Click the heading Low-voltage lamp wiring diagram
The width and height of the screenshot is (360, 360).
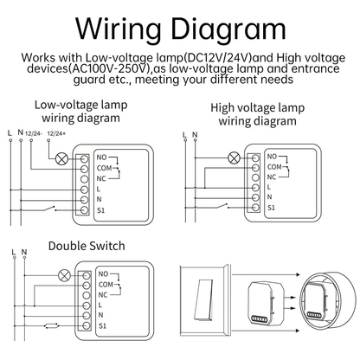tap(78, 113)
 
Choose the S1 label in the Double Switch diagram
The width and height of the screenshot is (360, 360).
tap(103, 325)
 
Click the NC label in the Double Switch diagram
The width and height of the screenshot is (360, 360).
tap(103, 293)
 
